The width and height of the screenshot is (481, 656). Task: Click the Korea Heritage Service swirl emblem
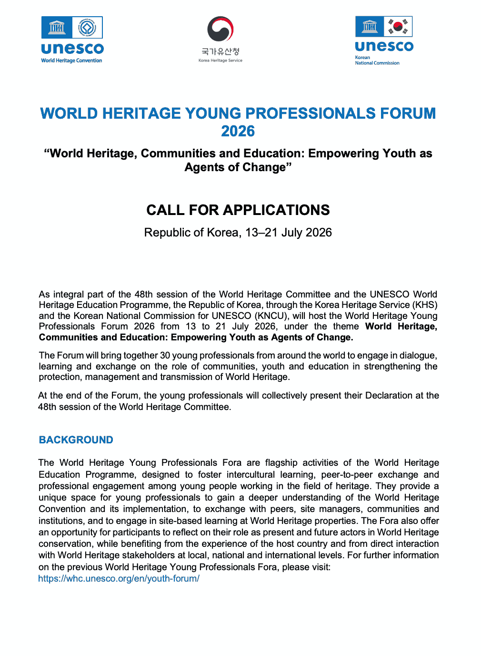click(x=220, y=30)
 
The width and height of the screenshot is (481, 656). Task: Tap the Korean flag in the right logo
click(x=398, y=27)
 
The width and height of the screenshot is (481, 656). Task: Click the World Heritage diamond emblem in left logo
click(x=87, y=28)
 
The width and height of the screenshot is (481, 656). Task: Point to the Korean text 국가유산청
click(x=220, y=51)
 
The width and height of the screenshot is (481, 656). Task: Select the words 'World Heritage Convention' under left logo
click(x=71, y=61)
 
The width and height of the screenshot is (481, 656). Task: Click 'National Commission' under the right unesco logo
click(x=377, y=63)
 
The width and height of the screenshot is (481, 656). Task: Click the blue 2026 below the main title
click(x=238, y=131)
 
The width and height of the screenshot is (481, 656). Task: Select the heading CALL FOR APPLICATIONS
click(x=238, y=210)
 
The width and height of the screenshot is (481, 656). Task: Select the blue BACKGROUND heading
click(x=76, y=440)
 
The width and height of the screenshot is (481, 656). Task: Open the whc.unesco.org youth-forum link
click(x=119, y=579)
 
